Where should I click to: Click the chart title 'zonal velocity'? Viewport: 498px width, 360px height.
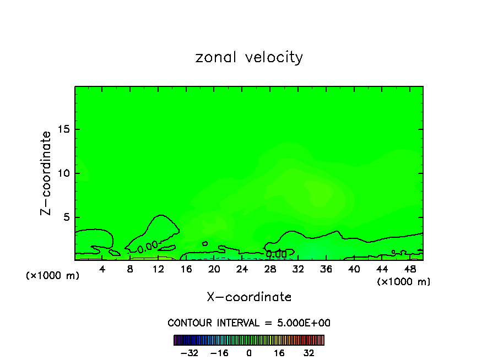[x=249, y=57]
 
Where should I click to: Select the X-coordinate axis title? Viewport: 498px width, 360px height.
[x=249, y=297]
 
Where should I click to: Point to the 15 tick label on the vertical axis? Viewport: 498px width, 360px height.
[x=63, y=129]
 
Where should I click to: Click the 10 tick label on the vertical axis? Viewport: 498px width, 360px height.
[x=63, y=173]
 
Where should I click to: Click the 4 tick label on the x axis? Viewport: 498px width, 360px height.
[x=102, y=269]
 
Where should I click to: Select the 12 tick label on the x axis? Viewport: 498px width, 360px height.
[x=158, y=269]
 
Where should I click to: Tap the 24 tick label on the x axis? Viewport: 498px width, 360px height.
[x=242, y=269]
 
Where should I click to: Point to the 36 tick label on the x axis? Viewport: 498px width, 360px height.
[x=326, y=269]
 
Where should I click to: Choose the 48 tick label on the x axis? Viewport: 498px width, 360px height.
[x=409, y=269]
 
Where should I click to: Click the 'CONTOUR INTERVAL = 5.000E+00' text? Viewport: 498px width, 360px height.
[x=249, y=323]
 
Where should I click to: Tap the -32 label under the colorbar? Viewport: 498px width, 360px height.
[x=190, y=353]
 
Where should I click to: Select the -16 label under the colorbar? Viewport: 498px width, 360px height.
[x=219, y=353]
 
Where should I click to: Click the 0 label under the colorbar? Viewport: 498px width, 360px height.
[x=249, y=353]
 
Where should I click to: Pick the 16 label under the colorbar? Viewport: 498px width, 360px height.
[x=279, y=353]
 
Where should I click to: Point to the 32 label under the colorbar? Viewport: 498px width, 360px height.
[x=309, y=353]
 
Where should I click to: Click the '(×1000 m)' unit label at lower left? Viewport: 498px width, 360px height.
[x=53, y=275]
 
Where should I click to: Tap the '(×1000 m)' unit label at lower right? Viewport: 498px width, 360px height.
[x=404, y=282]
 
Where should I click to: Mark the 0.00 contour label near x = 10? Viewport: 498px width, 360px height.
[x=148, y=248]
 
